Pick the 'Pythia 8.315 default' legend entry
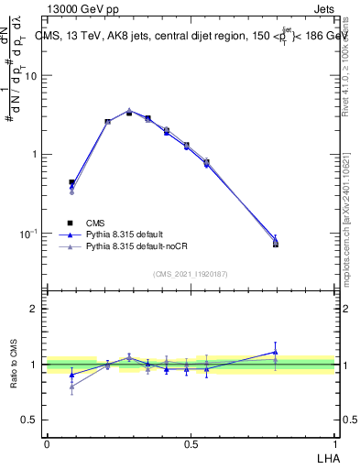pos(123,234)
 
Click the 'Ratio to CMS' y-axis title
pos(14,365)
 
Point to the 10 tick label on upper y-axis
pos(31,76)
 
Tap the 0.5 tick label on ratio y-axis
pos(31,420)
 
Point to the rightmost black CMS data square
pos(276,244)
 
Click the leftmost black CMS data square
pos(72,182)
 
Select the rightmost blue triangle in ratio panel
pos(276,352)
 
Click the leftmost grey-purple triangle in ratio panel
pos(72,387)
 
